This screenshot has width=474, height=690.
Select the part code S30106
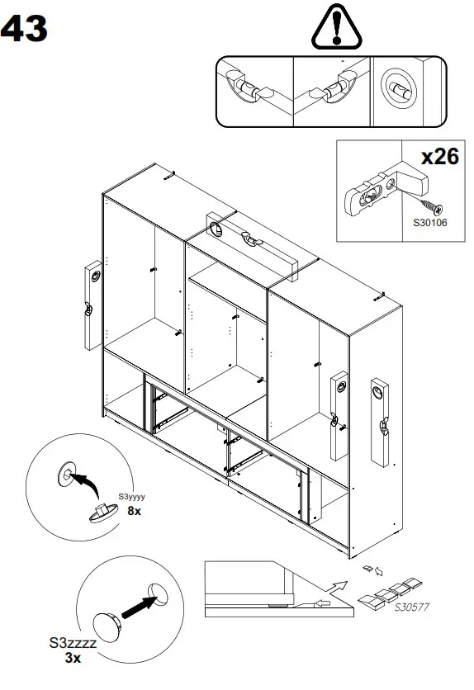(429, 221)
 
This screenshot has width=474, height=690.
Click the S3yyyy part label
(131, 497)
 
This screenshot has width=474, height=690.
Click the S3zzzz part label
(72, 643)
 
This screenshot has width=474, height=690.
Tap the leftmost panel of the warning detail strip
(254, 91)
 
